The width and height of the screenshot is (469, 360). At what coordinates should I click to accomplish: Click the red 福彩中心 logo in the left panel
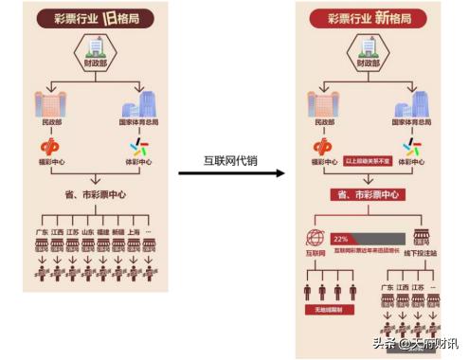(50, 149)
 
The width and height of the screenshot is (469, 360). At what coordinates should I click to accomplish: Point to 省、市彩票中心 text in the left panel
(93, 195)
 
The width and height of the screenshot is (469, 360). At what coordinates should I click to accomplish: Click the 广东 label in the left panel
(42, 230)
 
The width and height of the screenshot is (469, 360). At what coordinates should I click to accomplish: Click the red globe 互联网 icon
(316, 239)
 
